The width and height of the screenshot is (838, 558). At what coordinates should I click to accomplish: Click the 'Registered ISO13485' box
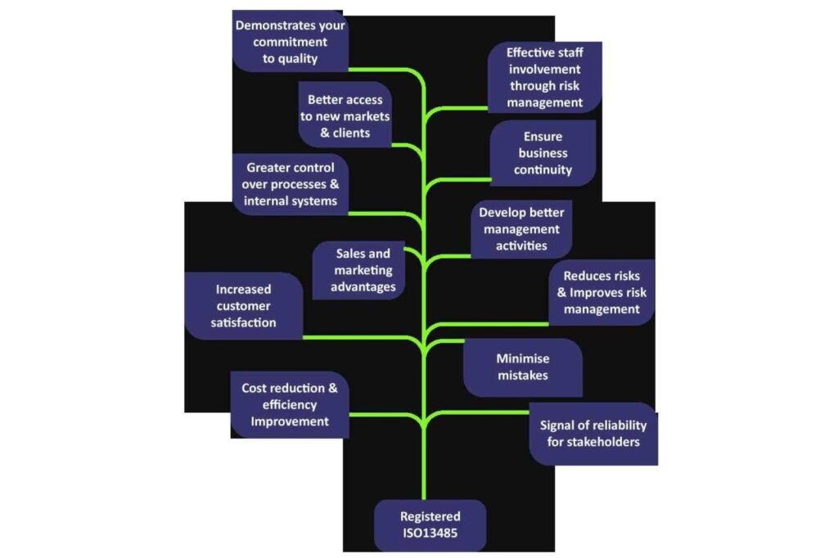pos(430,525)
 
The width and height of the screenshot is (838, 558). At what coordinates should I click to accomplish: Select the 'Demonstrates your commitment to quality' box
pos(291,42)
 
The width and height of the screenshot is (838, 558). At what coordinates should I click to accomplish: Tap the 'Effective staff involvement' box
pos(545,78)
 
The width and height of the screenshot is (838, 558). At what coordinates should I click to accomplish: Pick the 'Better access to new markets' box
pos(345,116)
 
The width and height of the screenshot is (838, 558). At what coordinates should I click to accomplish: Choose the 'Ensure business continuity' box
pos(543,153)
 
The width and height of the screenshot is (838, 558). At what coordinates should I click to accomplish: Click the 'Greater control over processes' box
pos(290,184)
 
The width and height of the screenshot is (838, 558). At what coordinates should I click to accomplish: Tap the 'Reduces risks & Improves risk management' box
pos(601,292)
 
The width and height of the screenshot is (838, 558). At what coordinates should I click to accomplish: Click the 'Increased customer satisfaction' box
pos(243,305)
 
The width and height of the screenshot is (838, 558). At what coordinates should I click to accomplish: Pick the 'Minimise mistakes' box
pos(523,367)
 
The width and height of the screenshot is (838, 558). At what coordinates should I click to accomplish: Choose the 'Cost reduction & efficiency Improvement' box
pos(290,405)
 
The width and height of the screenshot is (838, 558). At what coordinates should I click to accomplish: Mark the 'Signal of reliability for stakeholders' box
pos(593,434)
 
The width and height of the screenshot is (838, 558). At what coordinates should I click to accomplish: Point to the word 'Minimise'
pos(523,358)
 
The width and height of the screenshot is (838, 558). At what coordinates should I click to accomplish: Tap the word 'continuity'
pos(543,170)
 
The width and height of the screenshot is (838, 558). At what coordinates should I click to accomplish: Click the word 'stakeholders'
pos(593,443)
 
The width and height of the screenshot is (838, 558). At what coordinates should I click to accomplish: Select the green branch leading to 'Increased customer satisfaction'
pos(360,336)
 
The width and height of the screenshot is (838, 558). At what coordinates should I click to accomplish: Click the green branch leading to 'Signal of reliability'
pos(483,412)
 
